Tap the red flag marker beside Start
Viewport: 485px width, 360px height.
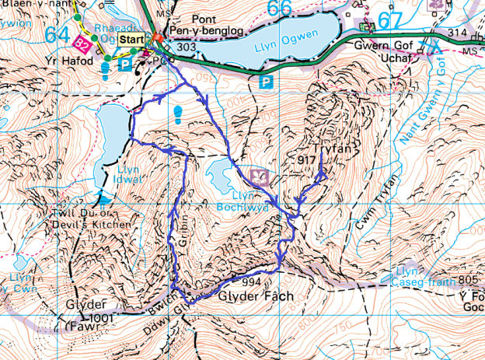pos(158,37)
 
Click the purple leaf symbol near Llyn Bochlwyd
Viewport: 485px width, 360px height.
pos(262,177)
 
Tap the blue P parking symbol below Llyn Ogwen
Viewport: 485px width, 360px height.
pos(268,80)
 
